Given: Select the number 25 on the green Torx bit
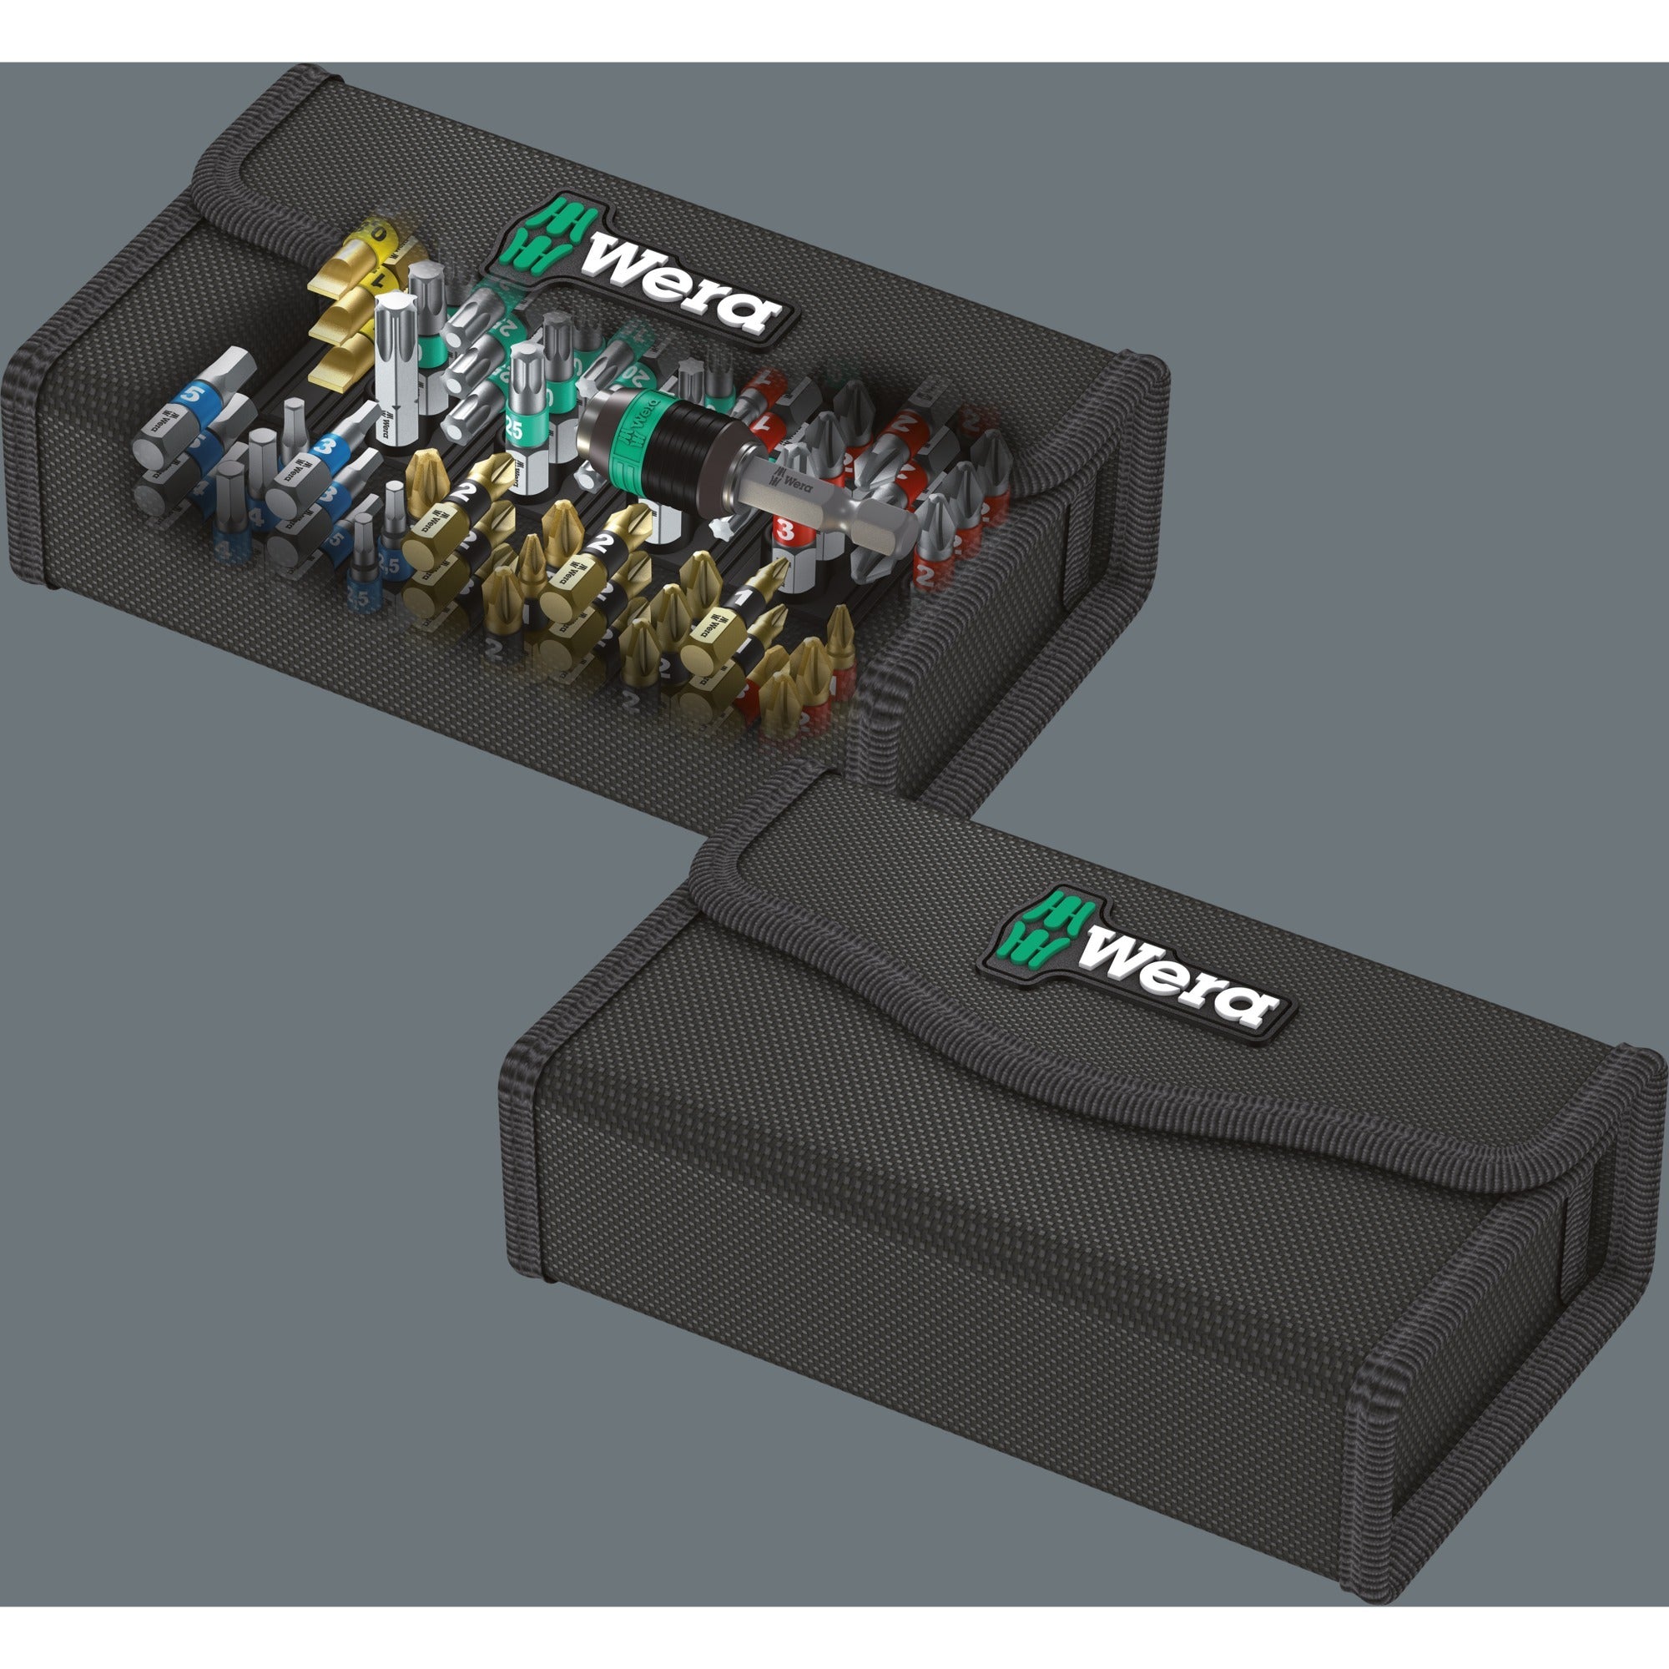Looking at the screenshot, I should [514, 426].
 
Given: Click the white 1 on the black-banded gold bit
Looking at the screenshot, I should [740, 598].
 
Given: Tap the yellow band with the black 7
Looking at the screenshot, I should [377, 278].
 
